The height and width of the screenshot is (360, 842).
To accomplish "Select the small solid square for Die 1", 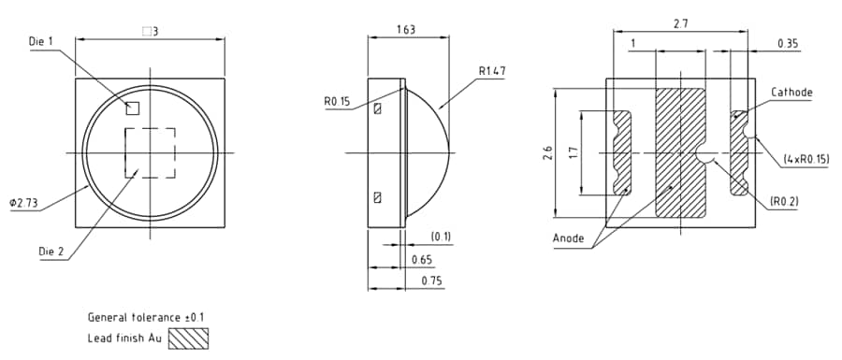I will pyautogui.click(x=133, y=108).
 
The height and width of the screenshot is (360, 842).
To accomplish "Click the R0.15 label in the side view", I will pyautogui.click(x=338, y=101).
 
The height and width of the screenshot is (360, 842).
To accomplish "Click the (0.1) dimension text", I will pyautogui.click(x=441, y=236).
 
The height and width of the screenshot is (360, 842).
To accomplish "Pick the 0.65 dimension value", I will pyautogui.click(x=422, y=259).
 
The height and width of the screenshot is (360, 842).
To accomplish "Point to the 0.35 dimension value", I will pyautogui.click(x=788, y=44).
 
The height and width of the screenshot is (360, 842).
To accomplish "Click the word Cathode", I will pyautogui.click(x=791, y=93).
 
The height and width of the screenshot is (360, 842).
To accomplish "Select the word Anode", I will pyautogui.click(x=569, y=238).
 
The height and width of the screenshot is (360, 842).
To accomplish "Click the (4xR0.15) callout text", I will pyautogui.click(x=806, y=160).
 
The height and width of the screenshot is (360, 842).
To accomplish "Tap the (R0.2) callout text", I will pyautogui.click(x=784, y=201).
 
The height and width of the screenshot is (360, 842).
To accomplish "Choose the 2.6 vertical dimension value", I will pyautogui.click(x=548, y=152).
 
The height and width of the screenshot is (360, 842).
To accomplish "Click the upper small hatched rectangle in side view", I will pyautogui.click(x=377, y=109).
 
